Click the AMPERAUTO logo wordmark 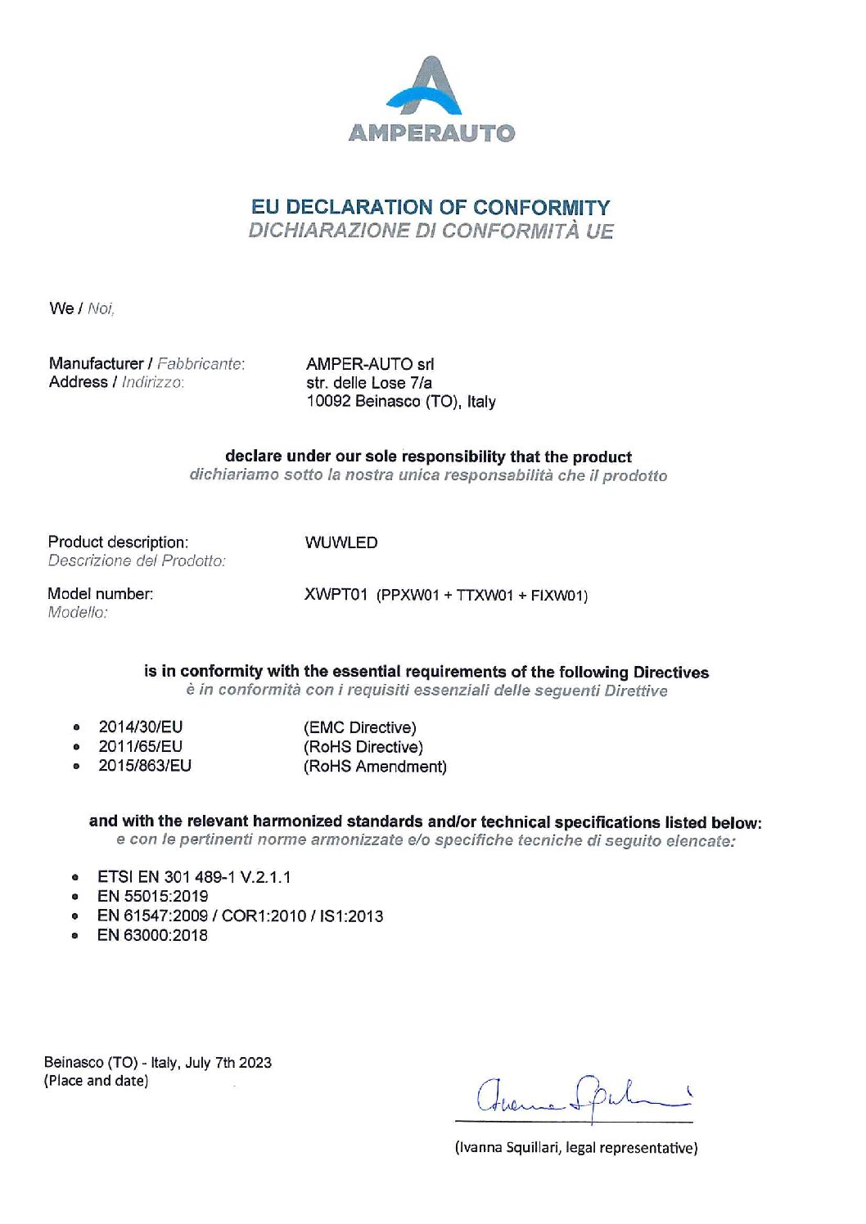(431, 133)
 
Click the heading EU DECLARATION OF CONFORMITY (431, 207)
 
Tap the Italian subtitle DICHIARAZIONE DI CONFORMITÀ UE (431, 231)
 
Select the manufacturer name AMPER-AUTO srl (370, 364)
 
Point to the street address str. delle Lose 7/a (369, 382)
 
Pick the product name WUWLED (341, 542)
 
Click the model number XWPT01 (336, 595)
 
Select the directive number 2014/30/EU (141, 727)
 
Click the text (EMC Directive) (360, 727)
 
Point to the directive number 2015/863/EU (145, 766)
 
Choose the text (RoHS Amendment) (375, 767)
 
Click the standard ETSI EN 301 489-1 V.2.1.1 (194, 877)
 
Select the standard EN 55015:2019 (153, 896)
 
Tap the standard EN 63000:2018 (153, 935)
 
